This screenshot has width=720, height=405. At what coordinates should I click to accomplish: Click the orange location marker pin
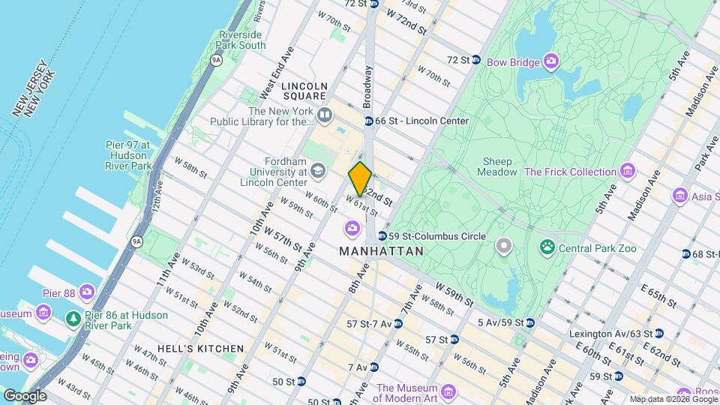361,178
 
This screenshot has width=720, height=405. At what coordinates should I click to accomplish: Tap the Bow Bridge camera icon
552,60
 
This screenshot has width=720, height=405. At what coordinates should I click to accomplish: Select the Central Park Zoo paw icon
547,246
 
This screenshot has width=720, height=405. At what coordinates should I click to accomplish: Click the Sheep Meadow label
497,166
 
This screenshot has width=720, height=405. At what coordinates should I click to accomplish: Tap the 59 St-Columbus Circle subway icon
382,236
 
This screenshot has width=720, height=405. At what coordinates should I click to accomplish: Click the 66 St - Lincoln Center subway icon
369,121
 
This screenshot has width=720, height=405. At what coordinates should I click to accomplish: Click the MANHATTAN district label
382,252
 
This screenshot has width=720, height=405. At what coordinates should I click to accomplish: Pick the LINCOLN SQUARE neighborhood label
304,91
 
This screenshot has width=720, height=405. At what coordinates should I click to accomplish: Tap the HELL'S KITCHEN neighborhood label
201,349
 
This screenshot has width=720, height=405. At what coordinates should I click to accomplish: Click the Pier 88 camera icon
88,291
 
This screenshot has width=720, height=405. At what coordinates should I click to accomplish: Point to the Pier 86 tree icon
73,319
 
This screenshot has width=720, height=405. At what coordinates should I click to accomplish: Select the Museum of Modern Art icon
448,392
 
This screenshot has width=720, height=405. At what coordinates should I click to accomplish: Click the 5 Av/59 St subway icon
529,323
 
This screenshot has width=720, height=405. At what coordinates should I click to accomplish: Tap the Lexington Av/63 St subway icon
658,333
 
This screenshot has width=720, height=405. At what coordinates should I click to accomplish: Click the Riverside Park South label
241,40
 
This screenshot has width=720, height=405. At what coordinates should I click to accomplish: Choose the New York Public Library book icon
325,115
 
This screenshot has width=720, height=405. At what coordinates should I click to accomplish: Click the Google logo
24,396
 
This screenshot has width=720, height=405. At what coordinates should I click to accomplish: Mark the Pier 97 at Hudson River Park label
128,155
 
